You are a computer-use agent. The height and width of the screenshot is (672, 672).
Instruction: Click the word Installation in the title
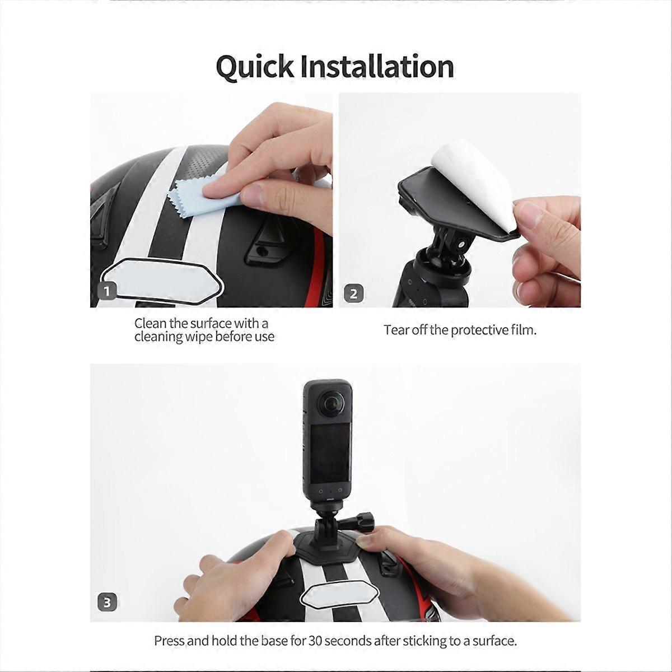377,66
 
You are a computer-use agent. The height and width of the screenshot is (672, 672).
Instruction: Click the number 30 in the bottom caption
315,641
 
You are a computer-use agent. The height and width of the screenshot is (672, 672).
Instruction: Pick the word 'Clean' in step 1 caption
148,323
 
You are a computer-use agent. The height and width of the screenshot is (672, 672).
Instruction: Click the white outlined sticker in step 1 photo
161,278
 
